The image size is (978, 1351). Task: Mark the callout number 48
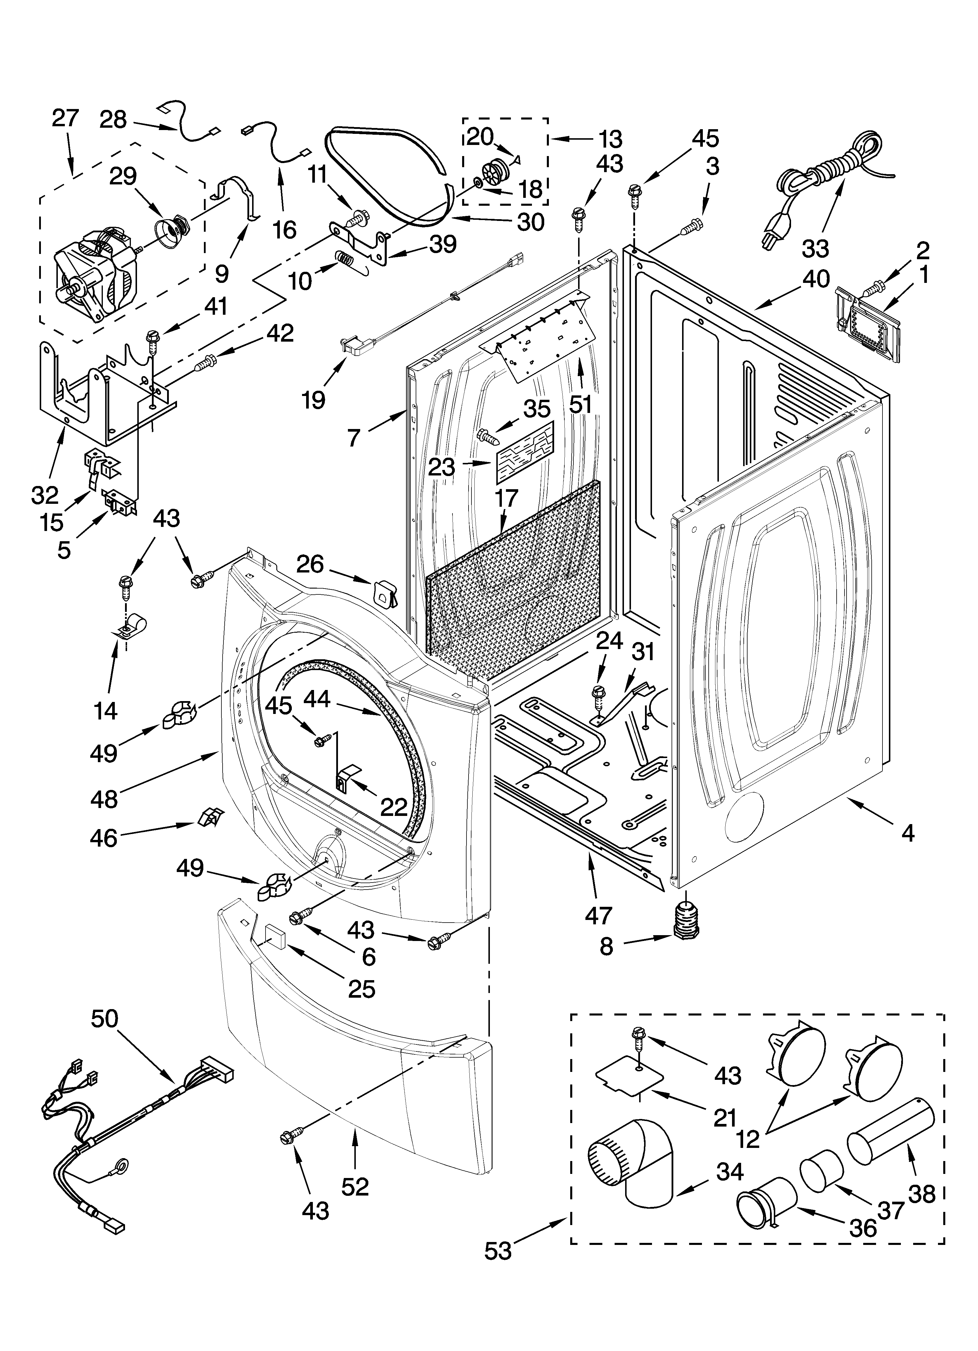(104, 799)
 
